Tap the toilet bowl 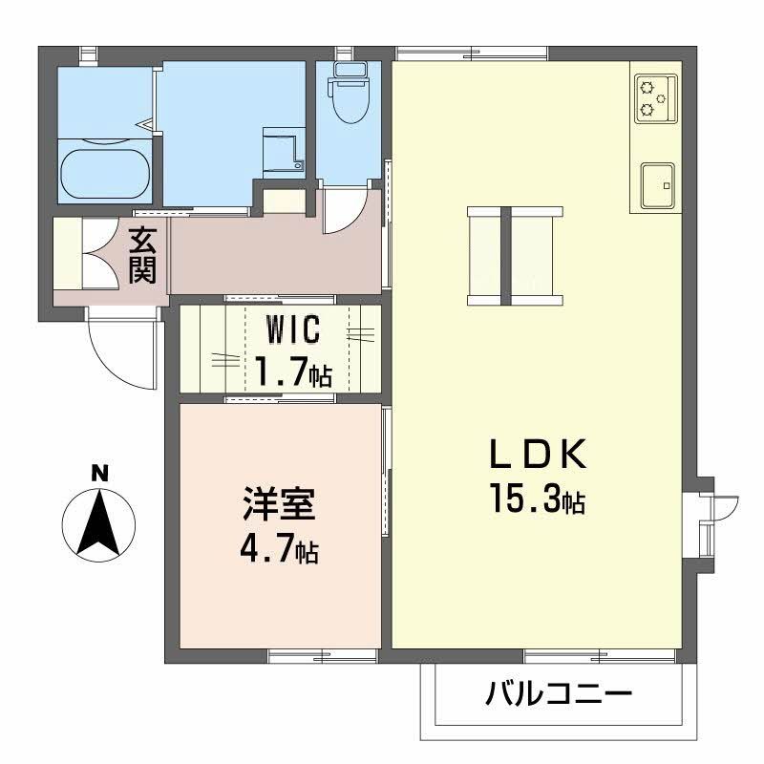(348, 96)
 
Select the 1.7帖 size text (292, 371)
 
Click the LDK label (538, 456)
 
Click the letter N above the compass (97, 471)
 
